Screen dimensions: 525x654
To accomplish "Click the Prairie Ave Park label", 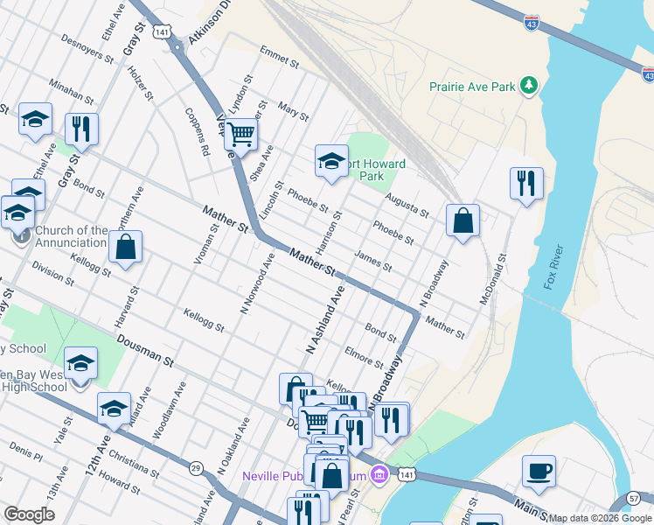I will point(471,87).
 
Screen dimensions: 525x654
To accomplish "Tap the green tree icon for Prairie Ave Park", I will point(528,85).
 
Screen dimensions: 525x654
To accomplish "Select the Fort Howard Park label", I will point(372,170).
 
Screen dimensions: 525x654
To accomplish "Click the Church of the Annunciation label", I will point(71,236).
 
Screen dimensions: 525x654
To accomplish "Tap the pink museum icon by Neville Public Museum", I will point(379,476).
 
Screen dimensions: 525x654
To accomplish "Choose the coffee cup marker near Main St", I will point(539,472).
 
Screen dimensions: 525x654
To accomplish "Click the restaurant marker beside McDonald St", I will point(526,184).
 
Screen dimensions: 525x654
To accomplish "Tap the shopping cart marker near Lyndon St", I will point(240,135).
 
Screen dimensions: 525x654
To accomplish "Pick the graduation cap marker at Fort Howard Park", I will point(331,161).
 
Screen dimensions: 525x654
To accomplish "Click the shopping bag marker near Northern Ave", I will point(126,248).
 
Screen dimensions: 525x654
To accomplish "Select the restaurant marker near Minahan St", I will point(81,129).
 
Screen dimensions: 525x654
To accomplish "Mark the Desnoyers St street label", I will point(87,50).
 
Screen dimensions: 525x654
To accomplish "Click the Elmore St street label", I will point(364,356).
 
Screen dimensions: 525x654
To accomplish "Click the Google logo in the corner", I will point(29,514).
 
